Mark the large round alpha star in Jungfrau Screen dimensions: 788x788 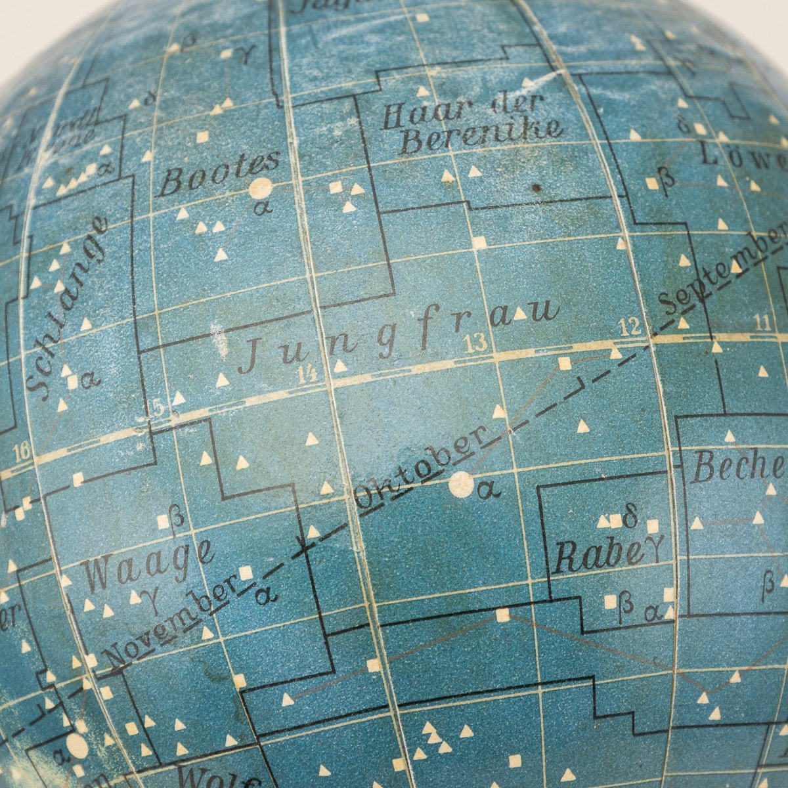click(x=461, y=485)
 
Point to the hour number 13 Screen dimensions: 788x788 click(x=474, y=341)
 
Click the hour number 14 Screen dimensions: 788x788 click(x=307, y=374)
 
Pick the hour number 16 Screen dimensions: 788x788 click(x=20, y=452)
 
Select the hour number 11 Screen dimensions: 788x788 click(x=762, y=322)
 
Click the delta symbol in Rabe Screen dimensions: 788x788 click(x=631, y=518)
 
